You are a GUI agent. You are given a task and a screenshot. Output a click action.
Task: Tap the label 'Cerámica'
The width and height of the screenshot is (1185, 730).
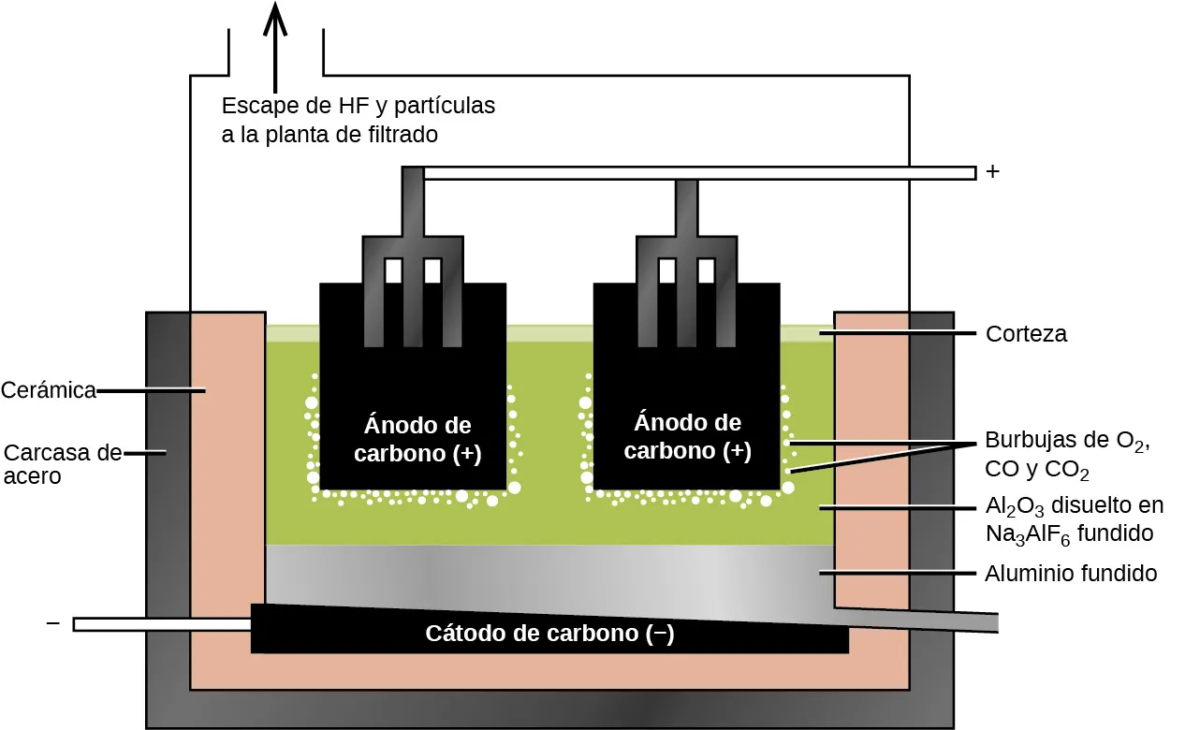pos(49,390)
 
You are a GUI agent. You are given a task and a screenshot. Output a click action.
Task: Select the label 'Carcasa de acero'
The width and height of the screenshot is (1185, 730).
pos(62,464)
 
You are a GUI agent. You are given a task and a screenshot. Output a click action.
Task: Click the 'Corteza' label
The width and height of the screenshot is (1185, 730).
pos(1026,334)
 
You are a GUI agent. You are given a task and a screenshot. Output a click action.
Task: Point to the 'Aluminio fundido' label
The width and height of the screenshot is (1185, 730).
pos(1071,574)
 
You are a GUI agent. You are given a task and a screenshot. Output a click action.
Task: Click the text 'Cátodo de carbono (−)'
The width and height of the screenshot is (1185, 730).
pos(549,634)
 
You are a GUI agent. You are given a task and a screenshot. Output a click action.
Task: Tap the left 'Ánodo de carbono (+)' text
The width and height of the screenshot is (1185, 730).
pos(417,439)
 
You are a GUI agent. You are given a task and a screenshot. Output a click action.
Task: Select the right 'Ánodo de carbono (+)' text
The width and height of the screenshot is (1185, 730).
pos(687,436)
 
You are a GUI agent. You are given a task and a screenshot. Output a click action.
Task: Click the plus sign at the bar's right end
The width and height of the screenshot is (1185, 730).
pos(993,173)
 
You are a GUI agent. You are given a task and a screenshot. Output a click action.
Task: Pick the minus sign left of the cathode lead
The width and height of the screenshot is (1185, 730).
pos(52,623)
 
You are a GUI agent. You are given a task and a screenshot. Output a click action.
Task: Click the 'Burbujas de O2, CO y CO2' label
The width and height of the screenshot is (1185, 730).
pos(1065,454)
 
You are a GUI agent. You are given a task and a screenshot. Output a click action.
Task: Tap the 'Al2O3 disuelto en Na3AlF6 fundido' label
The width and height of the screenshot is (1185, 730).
pos(1074,519)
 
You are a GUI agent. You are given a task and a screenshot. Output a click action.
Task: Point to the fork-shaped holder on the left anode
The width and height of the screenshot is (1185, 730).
pos(413,253)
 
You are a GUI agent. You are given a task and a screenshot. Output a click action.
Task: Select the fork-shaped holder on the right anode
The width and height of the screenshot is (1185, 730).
pos(686,253)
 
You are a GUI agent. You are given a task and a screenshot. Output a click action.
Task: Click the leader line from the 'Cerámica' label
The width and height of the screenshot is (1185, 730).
pos(150,390)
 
